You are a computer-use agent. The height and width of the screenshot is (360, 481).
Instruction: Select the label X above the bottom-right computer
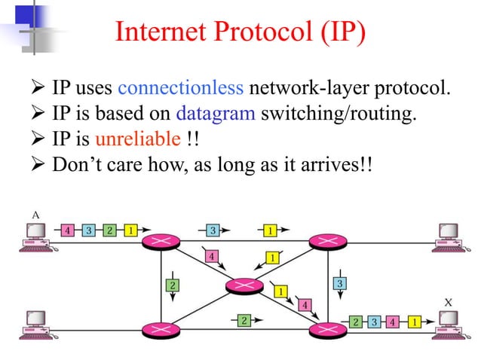point(449,303)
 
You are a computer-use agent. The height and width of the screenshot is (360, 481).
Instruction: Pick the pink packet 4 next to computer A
point(69,230)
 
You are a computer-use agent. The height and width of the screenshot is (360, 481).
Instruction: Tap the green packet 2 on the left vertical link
point(173,285)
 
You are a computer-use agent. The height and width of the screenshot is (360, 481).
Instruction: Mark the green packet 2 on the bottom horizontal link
point(244,321)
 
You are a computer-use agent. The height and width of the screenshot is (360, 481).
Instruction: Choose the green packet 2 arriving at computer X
point(356,322)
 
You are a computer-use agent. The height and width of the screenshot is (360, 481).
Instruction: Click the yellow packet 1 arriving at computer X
point(414,322)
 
